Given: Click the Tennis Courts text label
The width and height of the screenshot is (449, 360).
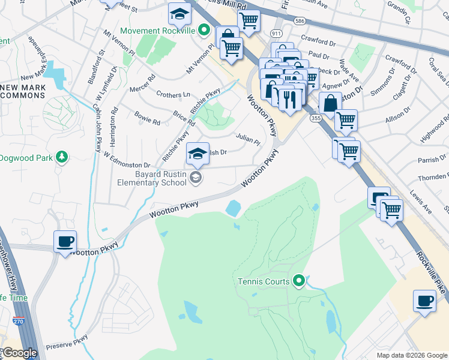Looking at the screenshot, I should (x=263, y=281).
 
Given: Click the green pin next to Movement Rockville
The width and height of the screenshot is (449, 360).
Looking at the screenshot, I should (x=205, y=29).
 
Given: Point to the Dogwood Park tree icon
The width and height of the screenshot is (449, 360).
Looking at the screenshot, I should (x=61, y=157).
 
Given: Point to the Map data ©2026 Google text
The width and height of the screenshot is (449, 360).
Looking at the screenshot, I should (x=411, y=355).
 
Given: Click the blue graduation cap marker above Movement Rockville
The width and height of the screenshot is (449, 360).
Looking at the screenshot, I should (x=179, y=13).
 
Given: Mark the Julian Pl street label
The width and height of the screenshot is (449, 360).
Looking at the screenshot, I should (x=247, y=139).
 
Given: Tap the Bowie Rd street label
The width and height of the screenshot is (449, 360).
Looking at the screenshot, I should (x=147, y=118).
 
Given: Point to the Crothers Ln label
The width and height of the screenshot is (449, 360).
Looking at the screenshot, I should (x=173, y=95).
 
